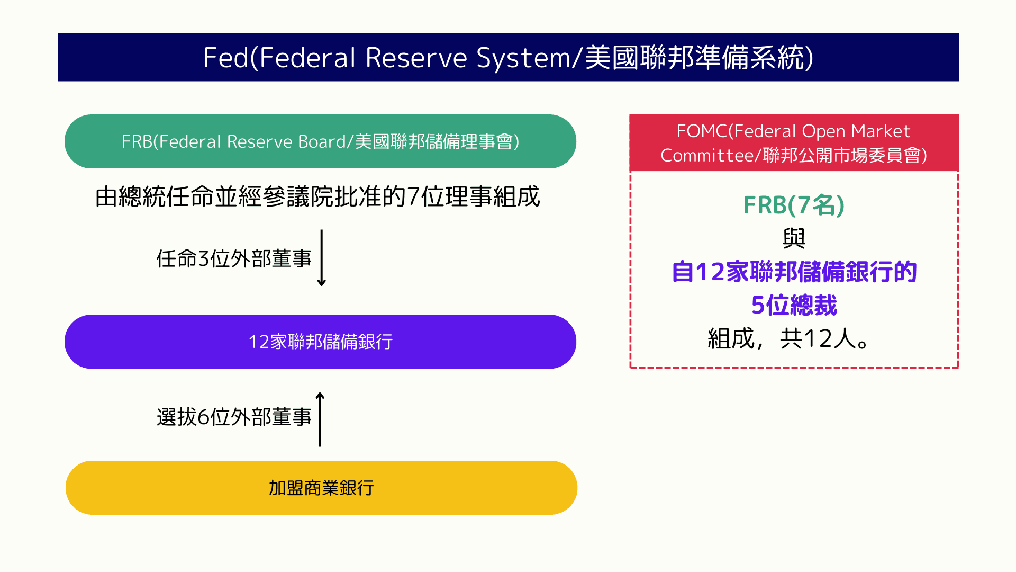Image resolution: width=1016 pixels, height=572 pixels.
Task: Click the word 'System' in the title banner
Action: pyautogui.click(x=523, y=58)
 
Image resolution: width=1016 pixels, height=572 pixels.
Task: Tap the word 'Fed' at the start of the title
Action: pyautogui.click(x=225, y=58)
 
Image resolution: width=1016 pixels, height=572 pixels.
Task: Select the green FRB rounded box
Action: pyautogui.click(x=320, y=141)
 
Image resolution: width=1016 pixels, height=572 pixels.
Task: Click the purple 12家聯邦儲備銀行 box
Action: pyautogui.click(x=320, y=342)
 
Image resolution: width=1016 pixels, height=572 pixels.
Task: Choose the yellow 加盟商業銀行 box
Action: pyautogui.click(x=321, y=488)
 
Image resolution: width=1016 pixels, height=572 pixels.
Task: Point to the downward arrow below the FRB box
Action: pyautogui.click(x=321, y=258)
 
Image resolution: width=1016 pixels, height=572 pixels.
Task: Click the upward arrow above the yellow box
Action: pyautogui.click(x=320, y=419)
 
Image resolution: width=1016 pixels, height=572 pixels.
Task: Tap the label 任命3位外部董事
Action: pyautogui.click(x=234, y=259)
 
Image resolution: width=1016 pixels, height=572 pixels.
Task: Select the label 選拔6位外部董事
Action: pyautogui.click(x=234, y=417)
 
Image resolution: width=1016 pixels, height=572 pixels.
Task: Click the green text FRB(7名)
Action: pyautogui.click(x=794, y=205)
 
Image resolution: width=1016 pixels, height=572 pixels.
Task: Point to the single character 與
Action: pyautogui.click(x=794, y=238)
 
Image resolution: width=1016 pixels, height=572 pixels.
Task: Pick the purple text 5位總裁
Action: pyautogui.click(x=794, y=306)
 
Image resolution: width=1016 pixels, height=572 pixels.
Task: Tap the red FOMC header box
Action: pyautogui.click(x=794, y=143)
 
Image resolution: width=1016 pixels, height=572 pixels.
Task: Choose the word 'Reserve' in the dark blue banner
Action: pyautogui.click(x=416, y=58)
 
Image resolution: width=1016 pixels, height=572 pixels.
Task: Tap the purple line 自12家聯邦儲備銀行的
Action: pyautogui.click(x=794, y=272)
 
